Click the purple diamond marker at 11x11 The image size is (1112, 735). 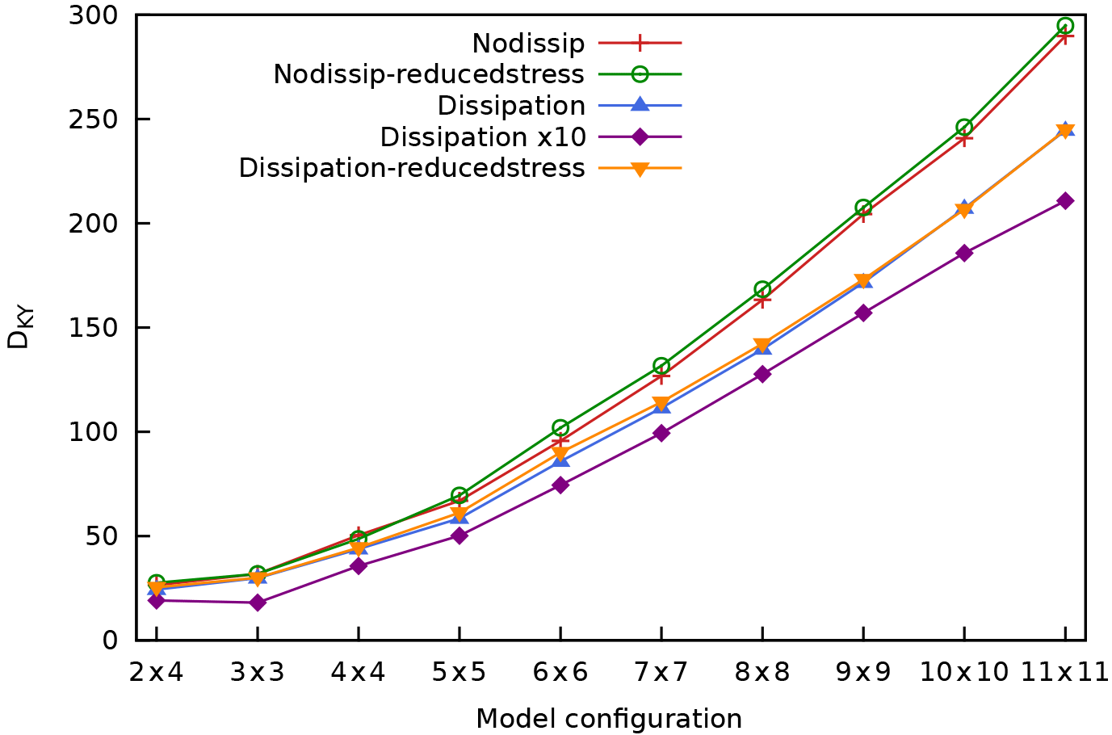click(x=1065, y=200)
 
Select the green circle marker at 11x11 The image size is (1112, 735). click(x=1065, y=26)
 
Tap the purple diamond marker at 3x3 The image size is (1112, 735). click(x=258, y=603)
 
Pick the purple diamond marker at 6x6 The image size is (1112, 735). click(x=560, y=485)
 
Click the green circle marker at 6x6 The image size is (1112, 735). click(x=560, y=427)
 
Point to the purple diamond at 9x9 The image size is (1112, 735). click(x=863, y=313)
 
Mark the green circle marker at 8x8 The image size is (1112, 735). click(x=762, y=289)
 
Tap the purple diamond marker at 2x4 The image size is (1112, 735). click(x=157, y=600)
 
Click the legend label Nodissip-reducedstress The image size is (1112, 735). click(x=429, y=74)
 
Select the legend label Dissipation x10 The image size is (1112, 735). click(x=483, y=137)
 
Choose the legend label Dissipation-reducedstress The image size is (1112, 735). click(x=412, y=168)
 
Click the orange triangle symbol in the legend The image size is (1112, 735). click(x=640, y=169)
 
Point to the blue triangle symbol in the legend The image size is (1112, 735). click(x=640, y=105)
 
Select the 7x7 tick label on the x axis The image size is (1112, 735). click(x=661, y=671)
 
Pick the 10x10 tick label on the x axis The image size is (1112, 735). click(x=964, y=671)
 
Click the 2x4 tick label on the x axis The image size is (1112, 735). click(x=157, y=671)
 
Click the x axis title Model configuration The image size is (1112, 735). click(x=609, y=718)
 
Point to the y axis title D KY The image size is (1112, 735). click(x=19, y=328)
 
